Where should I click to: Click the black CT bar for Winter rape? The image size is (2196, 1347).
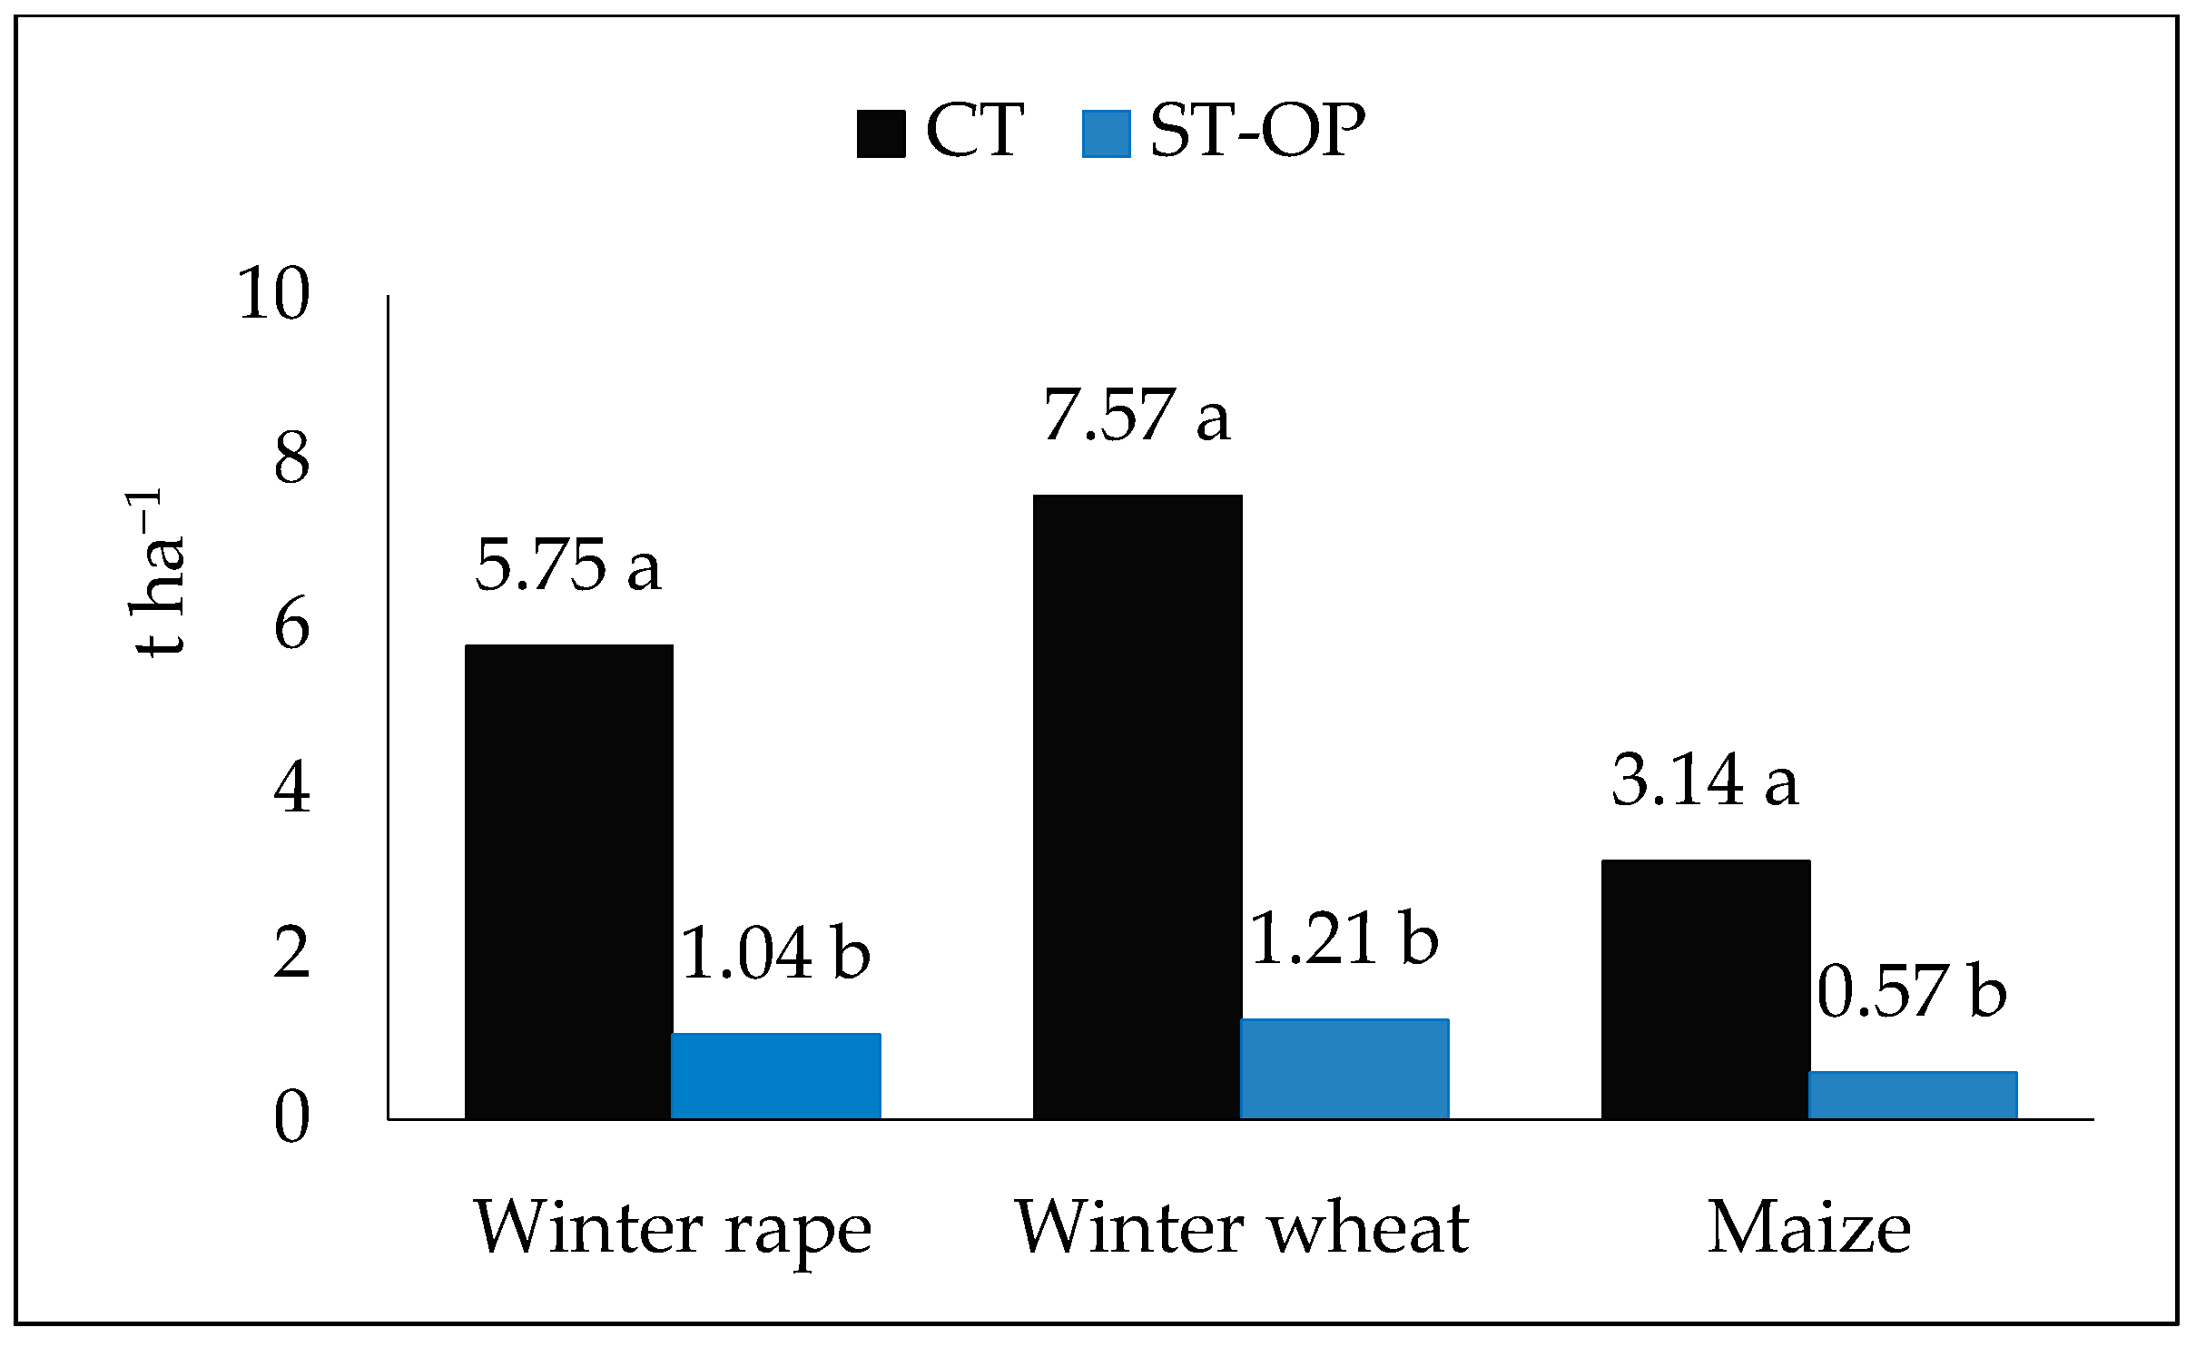pos(568,881)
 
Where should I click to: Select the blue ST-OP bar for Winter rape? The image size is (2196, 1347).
pos(776,1076)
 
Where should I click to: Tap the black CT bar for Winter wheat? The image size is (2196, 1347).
pos(1137,806)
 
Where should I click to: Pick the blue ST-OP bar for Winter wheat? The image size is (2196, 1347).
pos(1344,1068)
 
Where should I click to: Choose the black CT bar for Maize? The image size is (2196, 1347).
pos(1706,988)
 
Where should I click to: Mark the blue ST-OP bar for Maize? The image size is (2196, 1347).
pos(1913,1095)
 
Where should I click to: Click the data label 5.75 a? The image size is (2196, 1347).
pos(568,565)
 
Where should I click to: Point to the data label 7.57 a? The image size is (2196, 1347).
pos(1137,415)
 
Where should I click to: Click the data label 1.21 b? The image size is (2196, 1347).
pos(1344,939)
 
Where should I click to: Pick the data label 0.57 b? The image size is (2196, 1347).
pos(1912,991)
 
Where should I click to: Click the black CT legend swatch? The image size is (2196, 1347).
pos(881,134)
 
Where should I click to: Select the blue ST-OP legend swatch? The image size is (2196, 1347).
pos(1106,134)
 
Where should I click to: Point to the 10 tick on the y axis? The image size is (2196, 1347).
pos(273,294)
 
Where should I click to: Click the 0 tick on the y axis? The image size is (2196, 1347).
pos(291,1117)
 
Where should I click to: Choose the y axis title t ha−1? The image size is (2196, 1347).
pos(156,574)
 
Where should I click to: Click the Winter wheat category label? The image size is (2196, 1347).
pos(1241,1228)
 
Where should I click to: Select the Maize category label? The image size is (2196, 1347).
pos(1809,1228)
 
